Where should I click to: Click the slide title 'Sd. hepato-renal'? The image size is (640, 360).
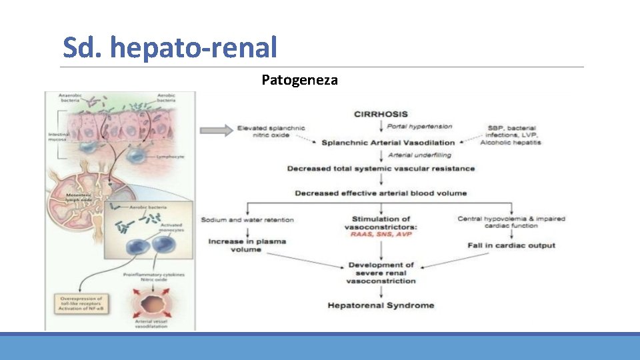tap(170, 47)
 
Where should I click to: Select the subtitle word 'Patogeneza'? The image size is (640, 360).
tap(299, 81)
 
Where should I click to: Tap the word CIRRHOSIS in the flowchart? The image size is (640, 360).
tap(381, 114)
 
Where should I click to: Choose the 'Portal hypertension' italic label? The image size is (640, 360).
tap(420, 127)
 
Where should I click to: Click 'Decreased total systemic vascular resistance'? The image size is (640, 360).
tap(381, 169)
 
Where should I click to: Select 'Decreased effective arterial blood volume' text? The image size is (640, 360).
tap(381, 193)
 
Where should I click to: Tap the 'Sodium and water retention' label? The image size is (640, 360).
tap(247, 219)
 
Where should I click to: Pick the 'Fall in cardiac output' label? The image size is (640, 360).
tap(511, 245)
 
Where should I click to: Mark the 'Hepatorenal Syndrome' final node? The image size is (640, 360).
tap(381, 305)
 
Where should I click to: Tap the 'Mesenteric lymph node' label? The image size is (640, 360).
tap(78, 198)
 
